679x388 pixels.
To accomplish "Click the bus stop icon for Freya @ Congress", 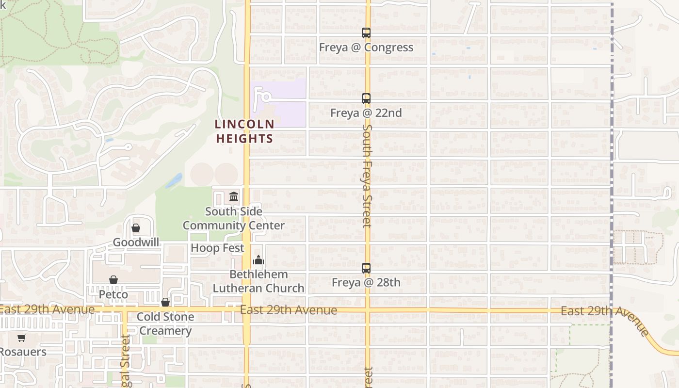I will point(366,33).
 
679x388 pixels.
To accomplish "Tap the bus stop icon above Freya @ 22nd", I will point(366,98).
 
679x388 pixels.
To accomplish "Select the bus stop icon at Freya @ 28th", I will point(366,268).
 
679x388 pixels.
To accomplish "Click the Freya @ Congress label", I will point(366,48).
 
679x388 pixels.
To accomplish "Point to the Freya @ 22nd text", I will point(366,113).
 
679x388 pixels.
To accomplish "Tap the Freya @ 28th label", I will point(366,282).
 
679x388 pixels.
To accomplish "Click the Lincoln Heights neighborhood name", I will point(244,131).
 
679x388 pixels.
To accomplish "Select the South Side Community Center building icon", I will point(234,197).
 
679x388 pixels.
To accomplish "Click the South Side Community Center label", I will point(234,218).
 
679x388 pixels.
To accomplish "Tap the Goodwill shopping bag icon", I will point(136,228).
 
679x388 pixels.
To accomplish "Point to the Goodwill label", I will point(136,242).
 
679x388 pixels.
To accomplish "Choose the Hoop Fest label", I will point(217,248).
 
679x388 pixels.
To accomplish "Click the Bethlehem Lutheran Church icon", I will point(259,260).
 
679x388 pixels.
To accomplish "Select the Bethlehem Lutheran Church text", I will point(259,281).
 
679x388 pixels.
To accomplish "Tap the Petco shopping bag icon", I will point(113,280).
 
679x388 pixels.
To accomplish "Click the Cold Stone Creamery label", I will point(165,324).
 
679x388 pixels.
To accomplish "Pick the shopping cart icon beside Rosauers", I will point(21,338).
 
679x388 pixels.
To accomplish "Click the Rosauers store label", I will point(23,352).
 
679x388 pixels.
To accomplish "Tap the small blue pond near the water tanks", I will point(174,181).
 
